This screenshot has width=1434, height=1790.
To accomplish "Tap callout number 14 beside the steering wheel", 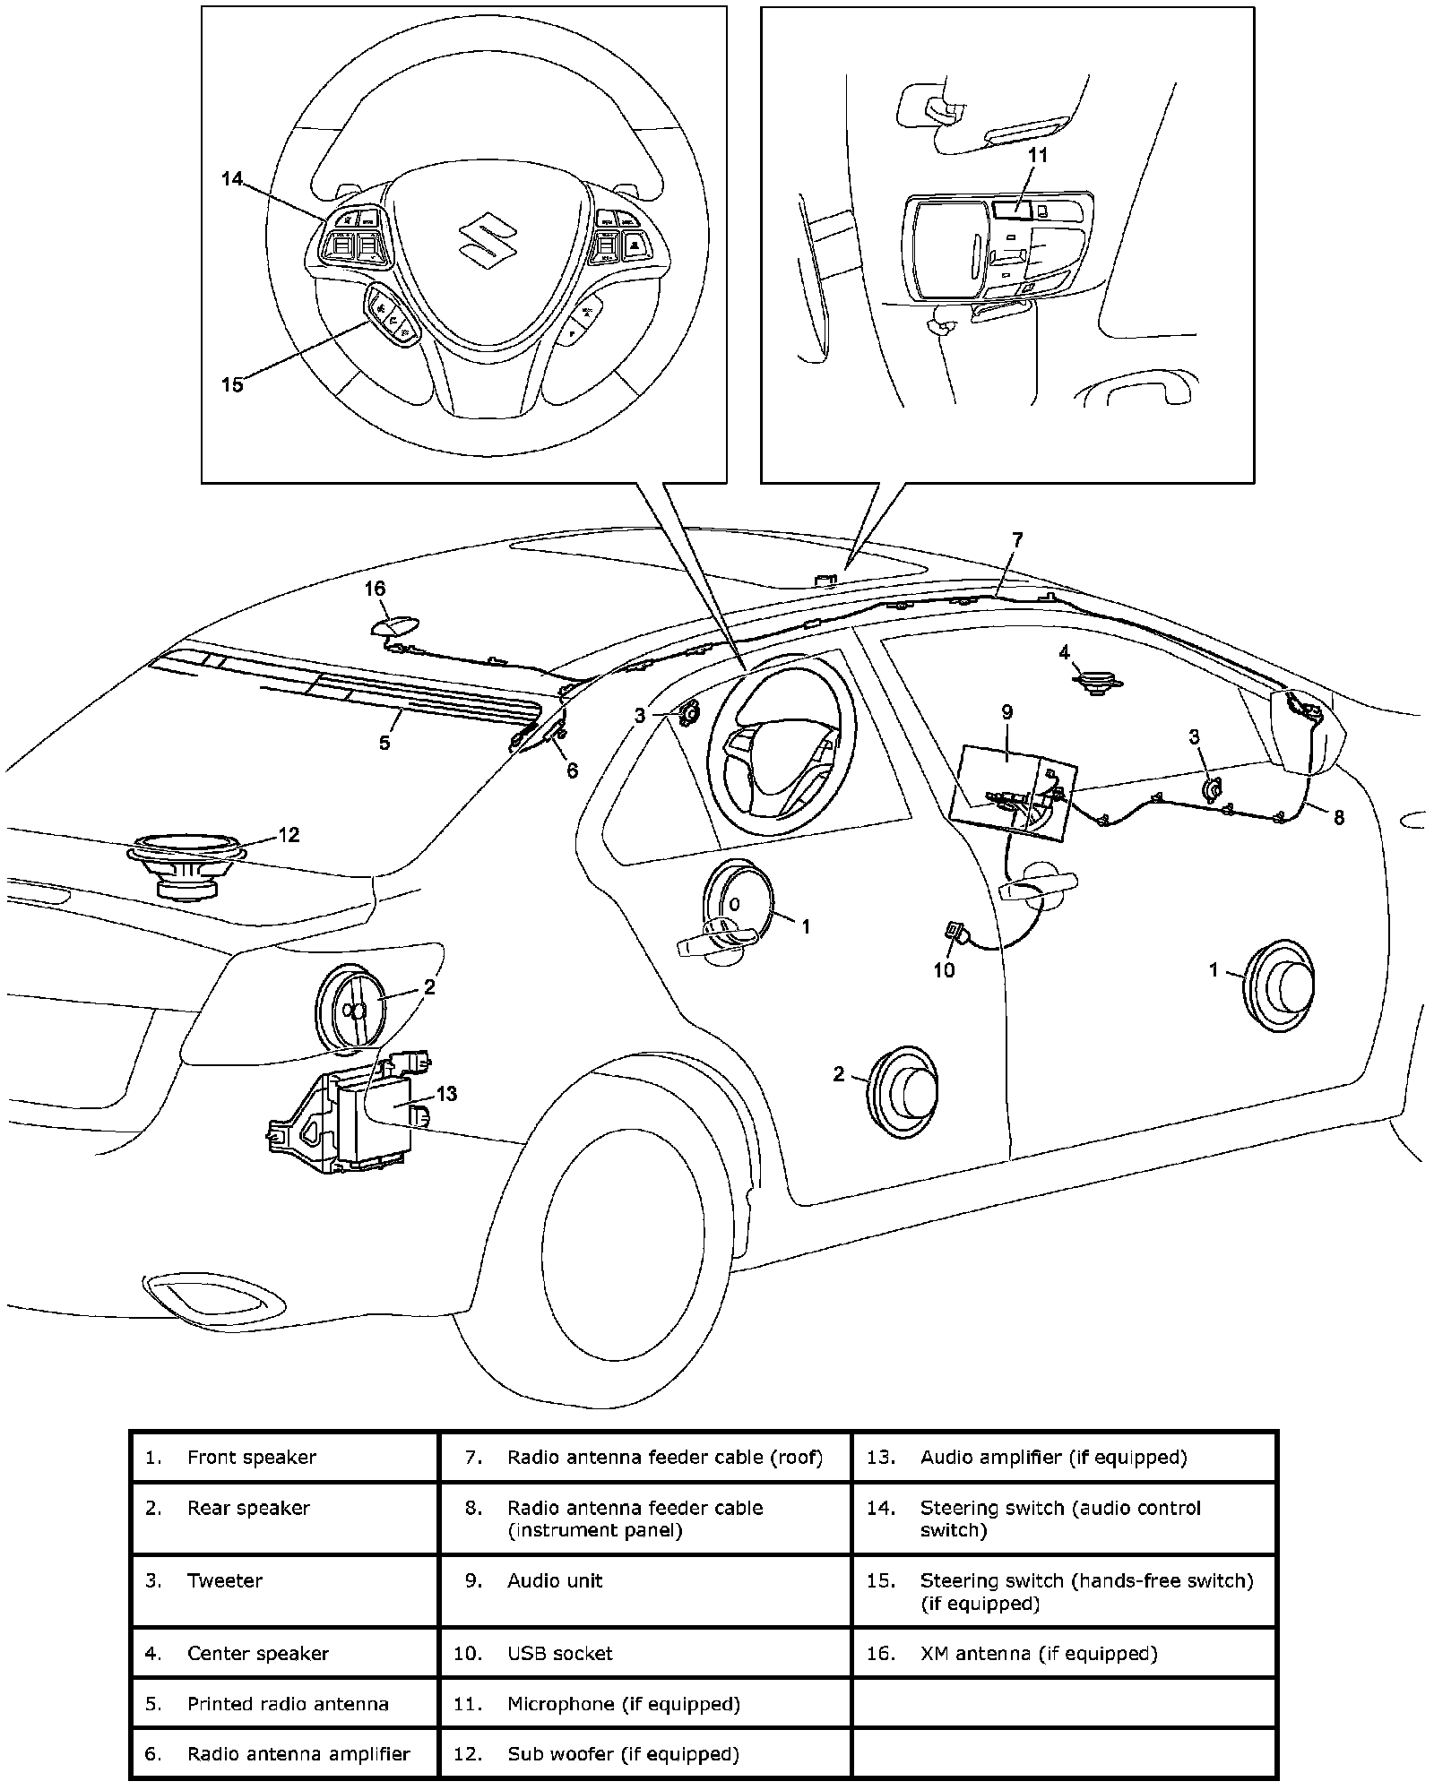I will pyautogui.click(x=232, y=179).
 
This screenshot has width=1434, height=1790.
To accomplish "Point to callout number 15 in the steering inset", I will pyautogui.click(x=232, y=384).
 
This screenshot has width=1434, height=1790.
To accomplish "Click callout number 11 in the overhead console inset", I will pyautogui.click(x=1037, y=155).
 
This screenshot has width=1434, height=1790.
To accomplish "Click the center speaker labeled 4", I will pyautogui.click(x=1096, y=684).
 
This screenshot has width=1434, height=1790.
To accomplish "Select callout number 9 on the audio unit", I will pyautogui.click(x=1007, y=712).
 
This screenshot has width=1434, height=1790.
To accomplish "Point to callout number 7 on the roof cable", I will pyautogui.click(x=1016, y=539).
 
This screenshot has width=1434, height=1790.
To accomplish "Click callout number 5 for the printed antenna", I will pyautogui.click(x=384, y=742).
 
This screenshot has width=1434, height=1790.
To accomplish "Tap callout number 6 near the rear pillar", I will pyautogui.click(x=572, y=770).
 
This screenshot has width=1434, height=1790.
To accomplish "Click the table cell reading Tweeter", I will pyautogui.click(x=285, y=1580).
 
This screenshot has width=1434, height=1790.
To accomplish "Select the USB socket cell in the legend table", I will pyautogui.click(x=644, y=1653).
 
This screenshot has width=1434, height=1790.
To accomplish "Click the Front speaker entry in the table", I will pyautogui.click(x=285, y=1458).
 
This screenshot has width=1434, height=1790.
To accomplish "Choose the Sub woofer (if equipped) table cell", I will pyautogui.click(x=644, y=1753).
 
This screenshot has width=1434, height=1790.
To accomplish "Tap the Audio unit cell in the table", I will pyautogui.click(x=644, y=1580).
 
